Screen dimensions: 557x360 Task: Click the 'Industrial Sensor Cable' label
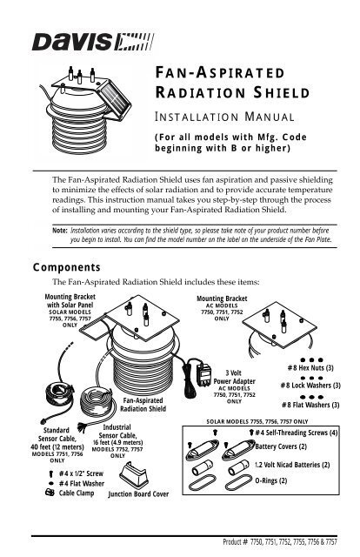click(118, 433)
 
